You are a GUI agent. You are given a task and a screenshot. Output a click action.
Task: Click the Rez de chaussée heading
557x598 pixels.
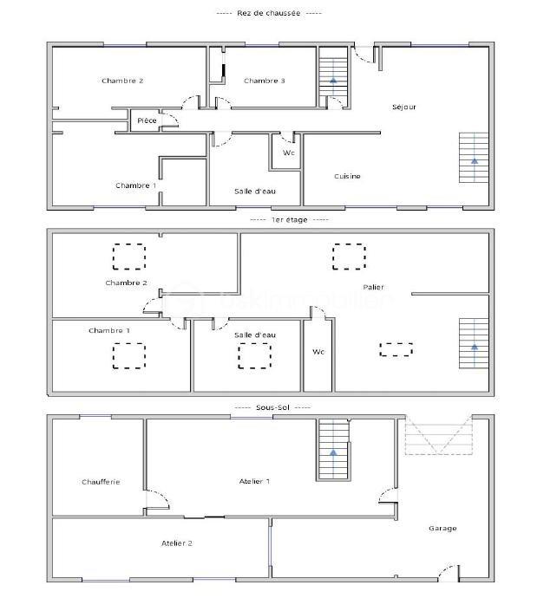coord(269,13)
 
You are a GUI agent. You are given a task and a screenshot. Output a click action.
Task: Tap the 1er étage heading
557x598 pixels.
coord(289,219)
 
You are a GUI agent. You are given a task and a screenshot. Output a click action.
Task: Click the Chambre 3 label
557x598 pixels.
coord(265,81)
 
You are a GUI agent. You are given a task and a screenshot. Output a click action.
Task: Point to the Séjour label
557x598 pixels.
coord(404,107)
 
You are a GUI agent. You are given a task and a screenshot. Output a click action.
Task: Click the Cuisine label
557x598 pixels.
coord(347,176)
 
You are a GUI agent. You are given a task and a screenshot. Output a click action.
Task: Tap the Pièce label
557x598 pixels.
coord(147,120)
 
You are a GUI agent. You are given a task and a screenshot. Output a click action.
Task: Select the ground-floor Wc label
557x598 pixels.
coord(288,153)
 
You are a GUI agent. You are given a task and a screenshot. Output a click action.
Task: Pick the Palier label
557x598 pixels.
coord(374,287)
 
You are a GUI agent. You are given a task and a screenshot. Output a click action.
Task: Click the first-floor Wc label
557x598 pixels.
coord(318,352)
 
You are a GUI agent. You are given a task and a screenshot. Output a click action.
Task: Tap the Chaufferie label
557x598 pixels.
coord(101,482)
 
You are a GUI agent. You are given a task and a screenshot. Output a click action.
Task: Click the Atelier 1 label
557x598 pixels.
coord(254,481)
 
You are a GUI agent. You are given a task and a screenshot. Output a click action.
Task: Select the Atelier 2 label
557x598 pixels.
coord(177,543)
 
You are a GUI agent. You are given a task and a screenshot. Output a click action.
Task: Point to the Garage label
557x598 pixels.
coord(442,528)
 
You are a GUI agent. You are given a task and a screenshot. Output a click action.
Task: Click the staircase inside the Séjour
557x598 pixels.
coord(474,158)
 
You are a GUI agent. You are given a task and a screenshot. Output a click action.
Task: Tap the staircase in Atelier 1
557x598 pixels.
coord(332,450)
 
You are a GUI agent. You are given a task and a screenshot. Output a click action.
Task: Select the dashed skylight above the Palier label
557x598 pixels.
coord(350,257)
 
